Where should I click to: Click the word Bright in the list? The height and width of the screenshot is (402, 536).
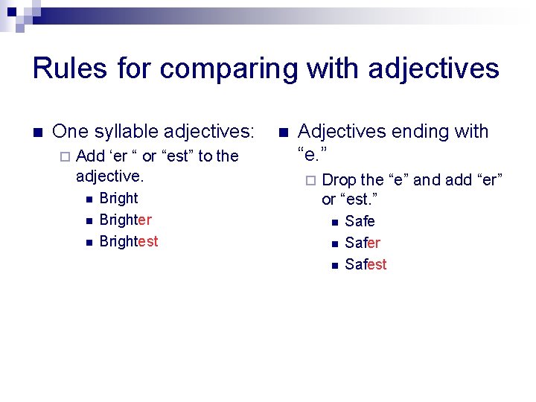(118, 199)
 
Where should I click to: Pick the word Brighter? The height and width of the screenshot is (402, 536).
(125, 220)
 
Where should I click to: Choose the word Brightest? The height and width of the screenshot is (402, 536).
(129, 242)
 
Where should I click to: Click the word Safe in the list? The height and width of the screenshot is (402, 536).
(360, 222)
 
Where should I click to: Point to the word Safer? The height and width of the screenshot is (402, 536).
(363, 243)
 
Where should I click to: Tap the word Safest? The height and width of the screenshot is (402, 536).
(366, 265)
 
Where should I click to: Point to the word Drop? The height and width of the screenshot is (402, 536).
(339, 180)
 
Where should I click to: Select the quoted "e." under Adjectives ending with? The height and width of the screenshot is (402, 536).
(313, 154)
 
